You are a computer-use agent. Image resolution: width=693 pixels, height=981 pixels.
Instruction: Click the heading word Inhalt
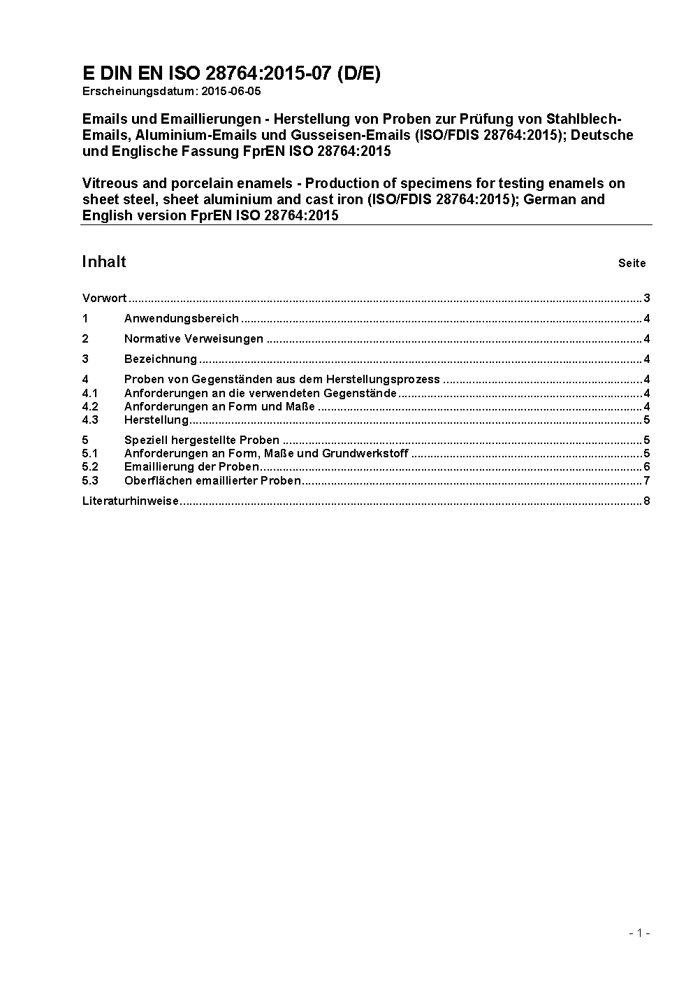click(x=104, y=262)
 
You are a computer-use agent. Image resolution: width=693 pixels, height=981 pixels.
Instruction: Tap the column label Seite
click(x=632, y=264)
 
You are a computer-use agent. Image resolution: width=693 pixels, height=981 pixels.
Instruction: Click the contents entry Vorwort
click(x=104, y=299)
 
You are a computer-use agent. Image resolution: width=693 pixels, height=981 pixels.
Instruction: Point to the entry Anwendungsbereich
click(x=182, y=319)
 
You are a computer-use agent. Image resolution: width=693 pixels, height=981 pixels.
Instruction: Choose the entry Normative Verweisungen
click(x=194, y=339)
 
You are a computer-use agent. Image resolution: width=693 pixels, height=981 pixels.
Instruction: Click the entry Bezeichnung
click(x=161, y=359)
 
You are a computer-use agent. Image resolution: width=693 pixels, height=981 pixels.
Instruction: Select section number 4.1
click(x=90, y=393)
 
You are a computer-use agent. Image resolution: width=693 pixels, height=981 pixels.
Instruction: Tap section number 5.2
click(x=90, y=466)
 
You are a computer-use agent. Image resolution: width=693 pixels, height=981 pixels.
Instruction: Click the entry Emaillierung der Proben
click(x=191, y=466)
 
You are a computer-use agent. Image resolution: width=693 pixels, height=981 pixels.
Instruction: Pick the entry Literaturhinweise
click(x=131, y=501)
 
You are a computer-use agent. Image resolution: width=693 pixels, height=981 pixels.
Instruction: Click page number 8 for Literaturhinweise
click(x=647, y=501)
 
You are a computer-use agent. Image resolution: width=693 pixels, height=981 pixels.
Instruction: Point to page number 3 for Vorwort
click(x=647, y=299)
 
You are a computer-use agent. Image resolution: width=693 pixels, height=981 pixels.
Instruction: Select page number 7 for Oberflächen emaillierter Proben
click(x=647, y=480)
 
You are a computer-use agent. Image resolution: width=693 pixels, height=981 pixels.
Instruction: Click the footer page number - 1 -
click(x=639, y=933)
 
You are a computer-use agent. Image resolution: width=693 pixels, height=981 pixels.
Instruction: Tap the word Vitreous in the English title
click(x=109, y=183)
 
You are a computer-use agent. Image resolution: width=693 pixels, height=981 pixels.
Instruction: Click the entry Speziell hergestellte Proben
click(x=202, y=440)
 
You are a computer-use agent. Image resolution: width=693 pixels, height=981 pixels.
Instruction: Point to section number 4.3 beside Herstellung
click(x=90, y=420)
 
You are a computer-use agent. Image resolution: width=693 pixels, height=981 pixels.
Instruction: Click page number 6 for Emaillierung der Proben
click(x=647, y=466)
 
